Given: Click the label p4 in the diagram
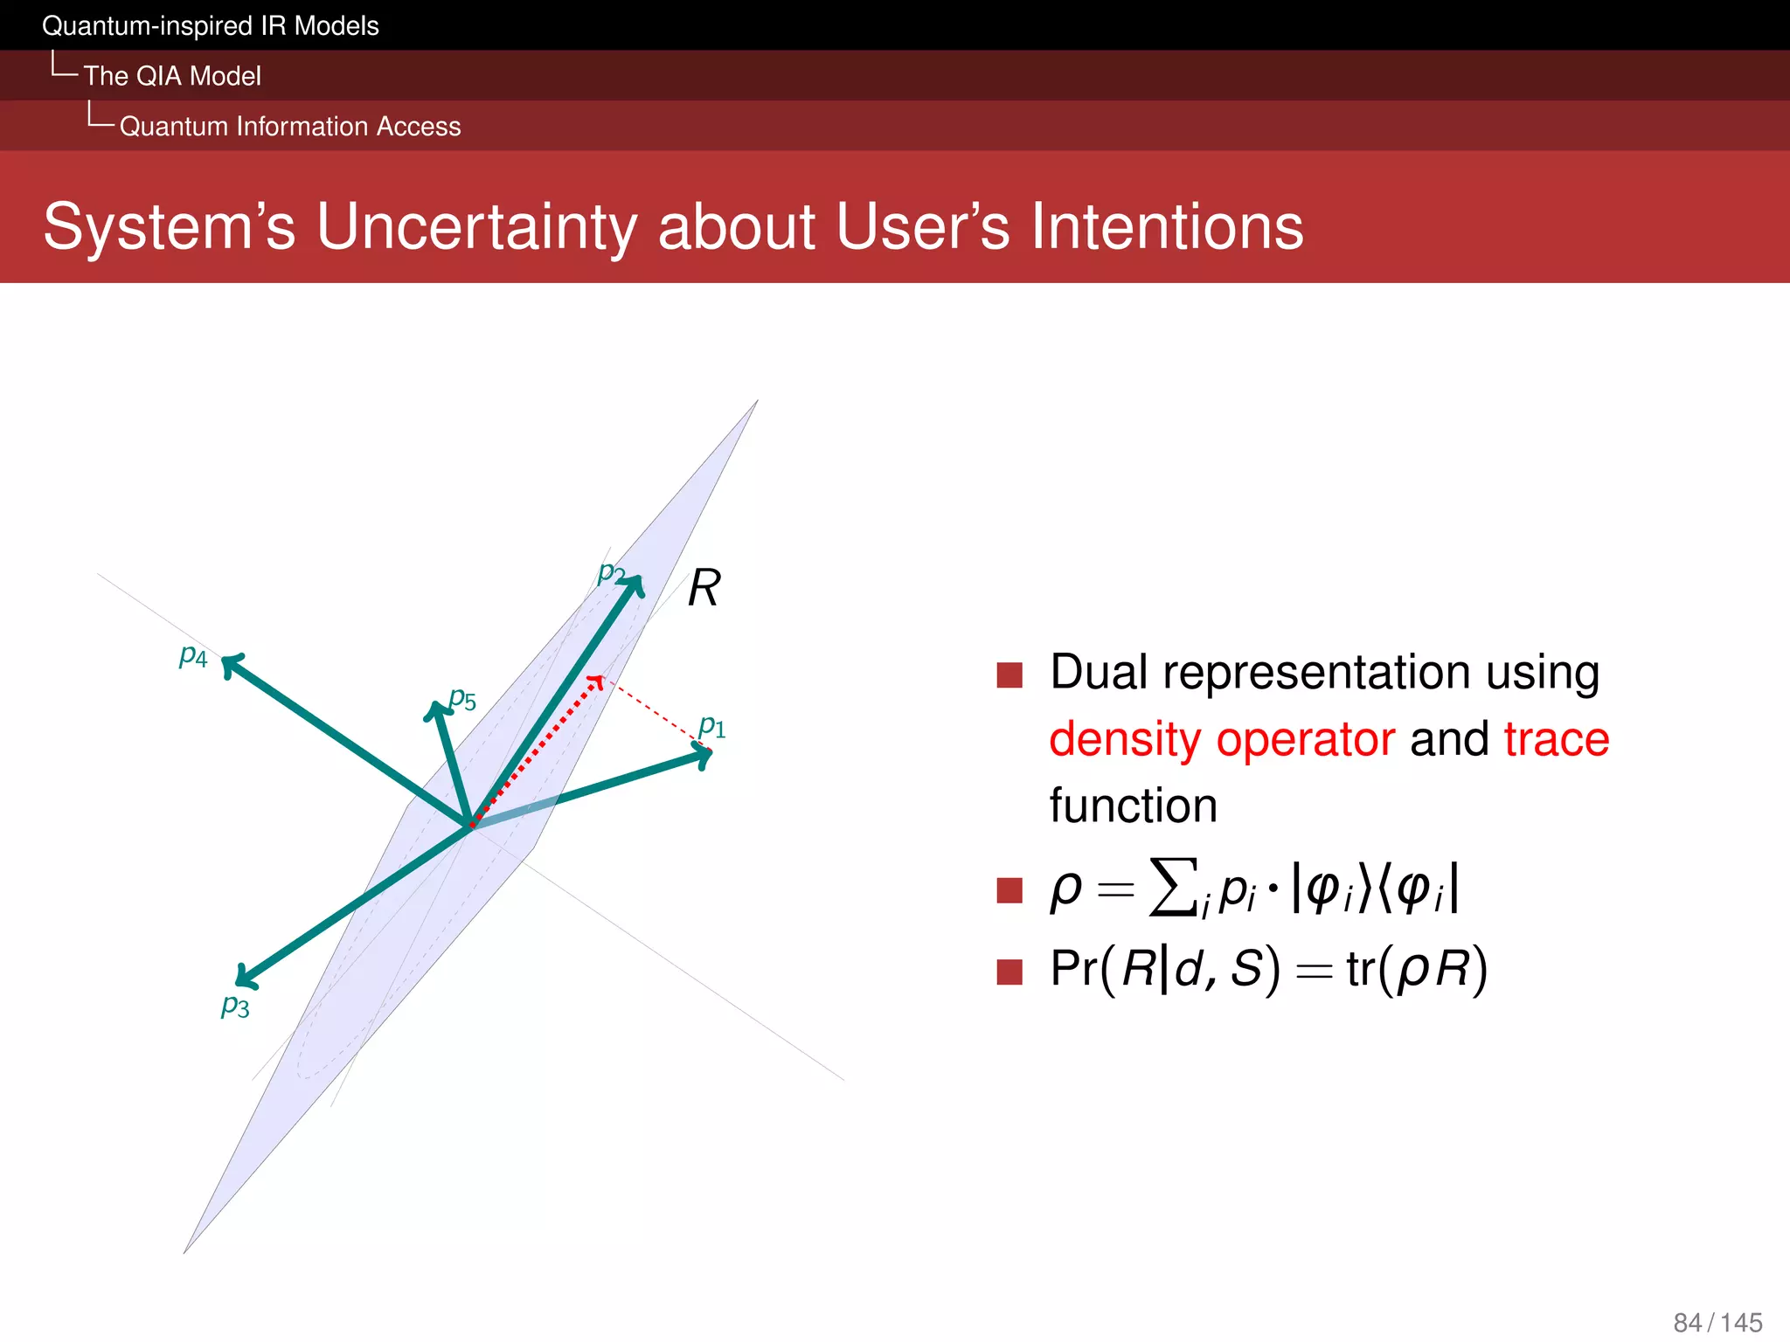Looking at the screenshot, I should point(193,656).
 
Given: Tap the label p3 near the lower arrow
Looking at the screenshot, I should point(235,1006).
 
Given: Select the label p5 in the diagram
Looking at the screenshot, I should point(462,699).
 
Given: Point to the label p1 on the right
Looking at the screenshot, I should point(712,726).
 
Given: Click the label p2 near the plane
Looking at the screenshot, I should point(611,573).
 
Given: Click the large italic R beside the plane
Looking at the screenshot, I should point(704,588).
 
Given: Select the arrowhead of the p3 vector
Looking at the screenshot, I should point(244,978).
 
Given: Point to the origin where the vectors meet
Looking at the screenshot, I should point(471,825).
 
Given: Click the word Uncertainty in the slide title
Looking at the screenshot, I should point(476,226).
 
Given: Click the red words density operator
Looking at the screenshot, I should point(1221,739).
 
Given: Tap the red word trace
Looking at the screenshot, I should point(1556,739).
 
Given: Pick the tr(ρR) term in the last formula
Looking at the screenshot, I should point(1416,970).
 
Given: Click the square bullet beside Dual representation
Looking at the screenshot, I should point(1009,674).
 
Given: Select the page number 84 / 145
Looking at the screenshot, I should point(1717,1322).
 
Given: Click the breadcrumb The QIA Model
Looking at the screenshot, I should point(172,76).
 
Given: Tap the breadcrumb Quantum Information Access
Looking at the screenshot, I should point(289,127).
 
